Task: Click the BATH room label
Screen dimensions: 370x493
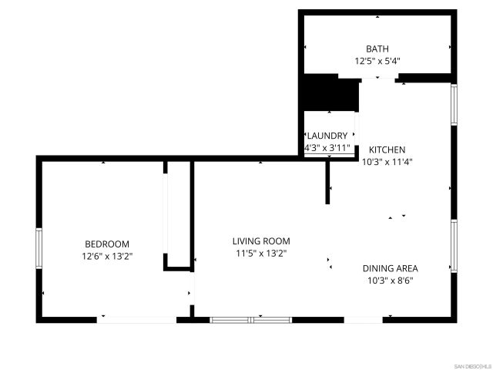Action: click(x=377, y=49)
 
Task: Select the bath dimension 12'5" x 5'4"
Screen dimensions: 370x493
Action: click(x=377, y=60)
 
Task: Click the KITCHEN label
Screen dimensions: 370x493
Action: click(x=387, y=150)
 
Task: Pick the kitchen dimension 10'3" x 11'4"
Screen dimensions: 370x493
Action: click(x=387, y=161)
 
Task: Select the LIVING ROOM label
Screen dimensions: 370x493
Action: click(x=262, y=241)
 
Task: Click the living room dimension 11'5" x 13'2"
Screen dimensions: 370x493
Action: click(x=262, y=253)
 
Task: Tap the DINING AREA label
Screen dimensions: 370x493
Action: click(x=390, y=268)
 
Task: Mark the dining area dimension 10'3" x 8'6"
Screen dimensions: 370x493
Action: click(x=390, y=281)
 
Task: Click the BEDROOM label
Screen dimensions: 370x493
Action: click(x=107, y=244)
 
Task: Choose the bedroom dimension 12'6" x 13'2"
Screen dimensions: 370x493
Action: click(x=107, y=256)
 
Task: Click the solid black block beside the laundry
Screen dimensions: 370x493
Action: click(x=330, y=94)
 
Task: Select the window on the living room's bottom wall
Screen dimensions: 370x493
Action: click(x=251, y=318)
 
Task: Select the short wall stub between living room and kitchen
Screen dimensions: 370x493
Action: click(x=327, y=186)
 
